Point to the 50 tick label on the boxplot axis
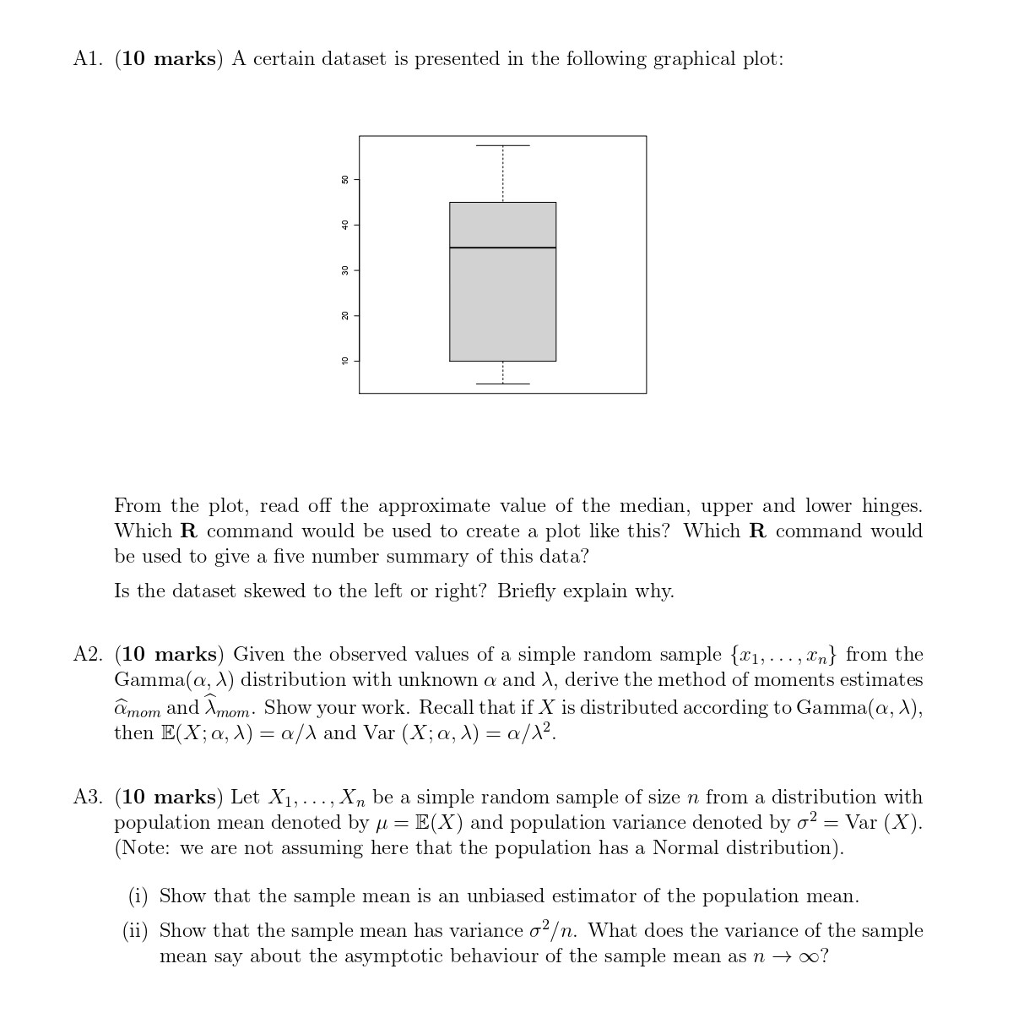click(x=344, y=179)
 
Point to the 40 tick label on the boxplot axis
click(x=344, y=225)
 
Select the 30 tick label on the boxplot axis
click(x=344, y=270)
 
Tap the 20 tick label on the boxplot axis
click(x=344, y=316)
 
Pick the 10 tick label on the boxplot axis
click(x=344, y=361)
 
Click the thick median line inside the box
click(x=502, y=248)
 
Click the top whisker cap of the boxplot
click(x=502, y=145)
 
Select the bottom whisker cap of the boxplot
click(x=502, y=384)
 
